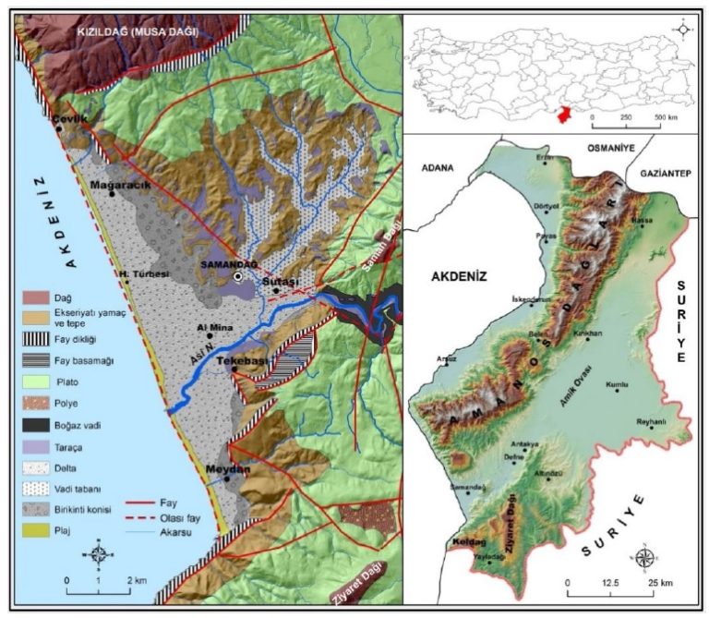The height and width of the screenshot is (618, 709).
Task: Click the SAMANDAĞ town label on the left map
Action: click(x=214, y=263)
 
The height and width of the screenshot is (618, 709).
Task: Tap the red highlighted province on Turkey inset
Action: click(x=559, y=113)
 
